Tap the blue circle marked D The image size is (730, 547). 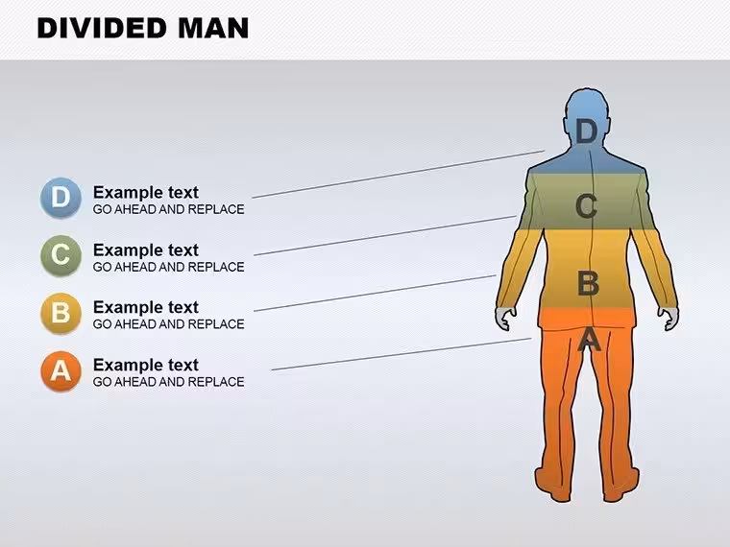(x=61, y=198)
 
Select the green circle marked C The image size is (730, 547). (x=61, y=255)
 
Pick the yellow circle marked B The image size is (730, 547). (x=61, y=313)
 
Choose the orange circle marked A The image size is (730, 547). (x=61, y=370)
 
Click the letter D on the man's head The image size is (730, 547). (x=586, y=131)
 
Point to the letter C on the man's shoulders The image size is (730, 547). (x=586, y=206)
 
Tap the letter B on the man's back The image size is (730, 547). (x=588, y=283)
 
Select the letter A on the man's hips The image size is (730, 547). (x=589, y=339)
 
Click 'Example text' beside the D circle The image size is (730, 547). (x=146, y=193)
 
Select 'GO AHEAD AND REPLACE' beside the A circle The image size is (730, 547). (x=168, y=382)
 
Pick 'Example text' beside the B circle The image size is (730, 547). (x=146, y=307)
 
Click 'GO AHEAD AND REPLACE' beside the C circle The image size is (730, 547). (x=168, y=267)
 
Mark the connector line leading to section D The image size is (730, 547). (x=398, y=175)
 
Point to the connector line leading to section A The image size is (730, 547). (x=401, y=354)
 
